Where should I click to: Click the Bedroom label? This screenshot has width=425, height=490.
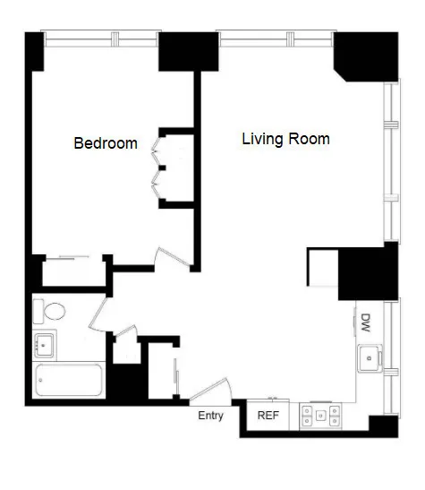pos(106,143)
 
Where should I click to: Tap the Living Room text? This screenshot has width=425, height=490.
pos(285,140)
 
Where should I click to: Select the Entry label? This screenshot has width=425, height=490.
pos(210,415)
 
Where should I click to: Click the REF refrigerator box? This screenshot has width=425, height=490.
pos(268,415)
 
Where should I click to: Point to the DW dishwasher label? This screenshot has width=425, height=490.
pos(366,321)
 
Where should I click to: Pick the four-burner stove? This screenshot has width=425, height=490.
pos(320,414)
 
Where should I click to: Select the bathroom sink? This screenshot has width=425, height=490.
pos(44,344)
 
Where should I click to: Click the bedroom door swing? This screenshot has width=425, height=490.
pos(173,257)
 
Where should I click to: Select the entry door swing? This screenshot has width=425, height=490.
pos(209,391)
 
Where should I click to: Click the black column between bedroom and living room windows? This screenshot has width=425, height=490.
pos(189,51)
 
